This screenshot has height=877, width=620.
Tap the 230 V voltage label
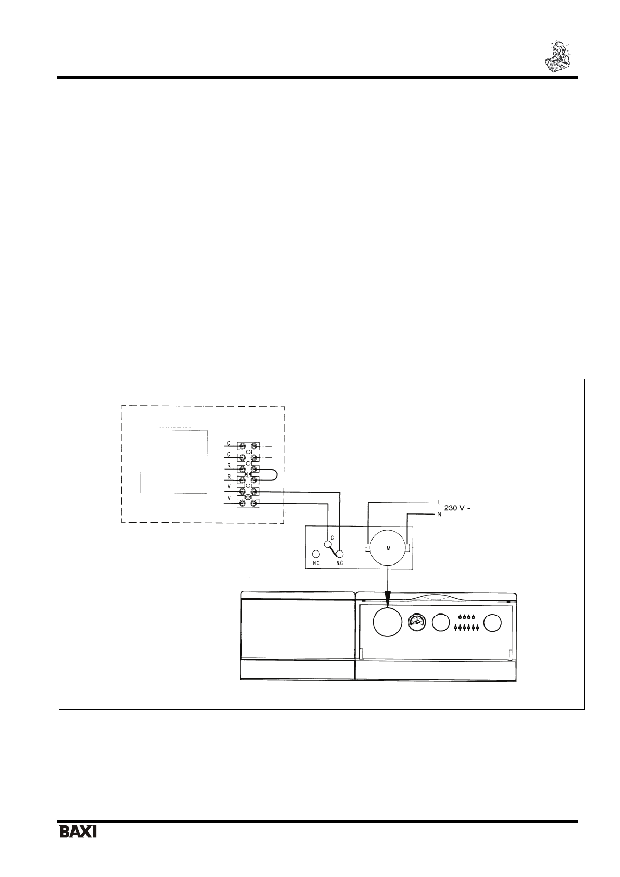[x=456, y=508]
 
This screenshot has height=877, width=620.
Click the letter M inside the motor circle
[x=388, y=548]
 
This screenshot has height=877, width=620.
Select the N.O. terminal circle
[x=316, y=555]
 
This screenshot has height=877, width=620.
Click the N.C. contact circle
[x=341, y=554]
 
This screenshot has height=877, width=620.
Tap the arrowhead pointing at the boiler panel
[x=388, y=596]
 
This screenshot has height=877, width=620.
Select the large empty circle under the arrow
[x=388, y=622]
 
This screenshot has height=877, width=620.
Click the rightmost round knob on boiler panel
[x=492, y=622]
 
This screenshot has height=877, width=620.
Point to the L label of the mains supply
[x=439, y=503]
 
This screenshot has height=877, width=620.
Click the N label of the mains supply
[x=439, y=514]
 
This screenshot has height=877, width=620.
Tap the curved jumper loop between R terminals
[x=274, y=474]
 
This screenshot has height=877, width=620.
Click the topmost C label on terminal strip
[x=228, y=444]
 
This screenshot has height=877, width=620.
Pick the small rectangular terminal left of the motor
[x=367, y=548]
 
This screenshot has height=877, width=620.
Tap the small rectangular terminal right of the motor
[x=408, y=548]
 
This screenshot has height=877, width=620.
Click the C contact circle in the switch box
[x=328, y=545]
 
